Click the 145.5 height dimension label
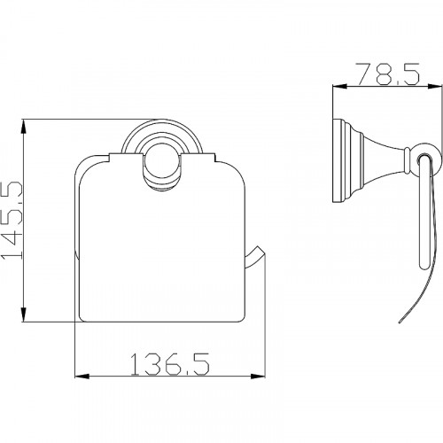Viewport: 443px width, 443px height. [12, 221]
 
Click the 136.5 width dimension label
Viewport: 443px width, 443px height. [170, 365]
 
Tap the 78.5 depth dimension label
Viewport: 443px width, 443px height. [387, 74]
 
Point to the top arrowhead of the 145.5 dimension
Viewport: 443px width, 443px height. [24, 127]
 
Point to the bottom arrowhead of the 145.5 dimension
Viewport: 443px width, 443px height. [24, 315]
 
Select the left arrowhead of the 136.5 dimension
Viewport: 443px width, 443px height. [82, 377]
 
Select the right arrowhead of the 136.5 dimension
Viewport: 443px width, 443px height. [258, 377]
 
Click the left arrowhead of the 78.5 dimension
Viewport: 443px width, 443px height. [340, 86]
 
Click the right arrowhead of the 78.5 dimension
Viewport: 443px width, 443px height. [435, 86]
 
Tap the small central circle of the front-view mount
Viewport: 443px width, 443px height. [162, 167]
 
